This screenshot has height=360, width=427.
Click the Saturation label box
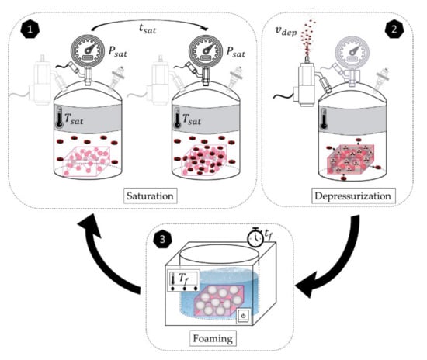coord(151,196)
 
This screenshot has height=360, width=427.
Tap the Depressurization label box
coord(353,196)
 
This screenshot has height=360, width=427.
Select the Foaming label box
coord(213,338)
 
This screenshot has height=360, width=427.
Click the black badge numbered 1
coord(30,29)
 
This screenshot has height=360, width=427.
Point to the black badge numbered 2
coord(394,29)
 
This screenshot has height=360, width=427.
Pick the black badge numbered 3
coord(162,240)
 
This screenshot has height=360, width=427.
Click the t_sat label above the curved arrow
coord(148,29)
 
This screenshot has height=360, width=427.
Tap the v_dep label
coord(286,31)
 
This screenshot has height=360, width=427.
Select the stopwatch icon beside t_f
coord(255,237)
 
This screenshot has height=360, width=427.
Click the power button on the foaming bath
coord(244,317)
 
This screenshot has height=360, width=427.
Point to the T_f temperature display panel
coord(183,281)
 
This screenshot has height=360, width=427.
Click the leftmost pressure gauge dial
coord(88,50)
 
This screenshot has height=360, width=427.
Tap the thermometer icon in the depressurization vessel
coord(324,119)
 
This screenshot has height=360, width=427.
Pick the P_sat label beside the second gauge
coord(236,52)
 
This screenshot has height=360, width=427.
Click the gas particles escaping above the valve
coord(307,38)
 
